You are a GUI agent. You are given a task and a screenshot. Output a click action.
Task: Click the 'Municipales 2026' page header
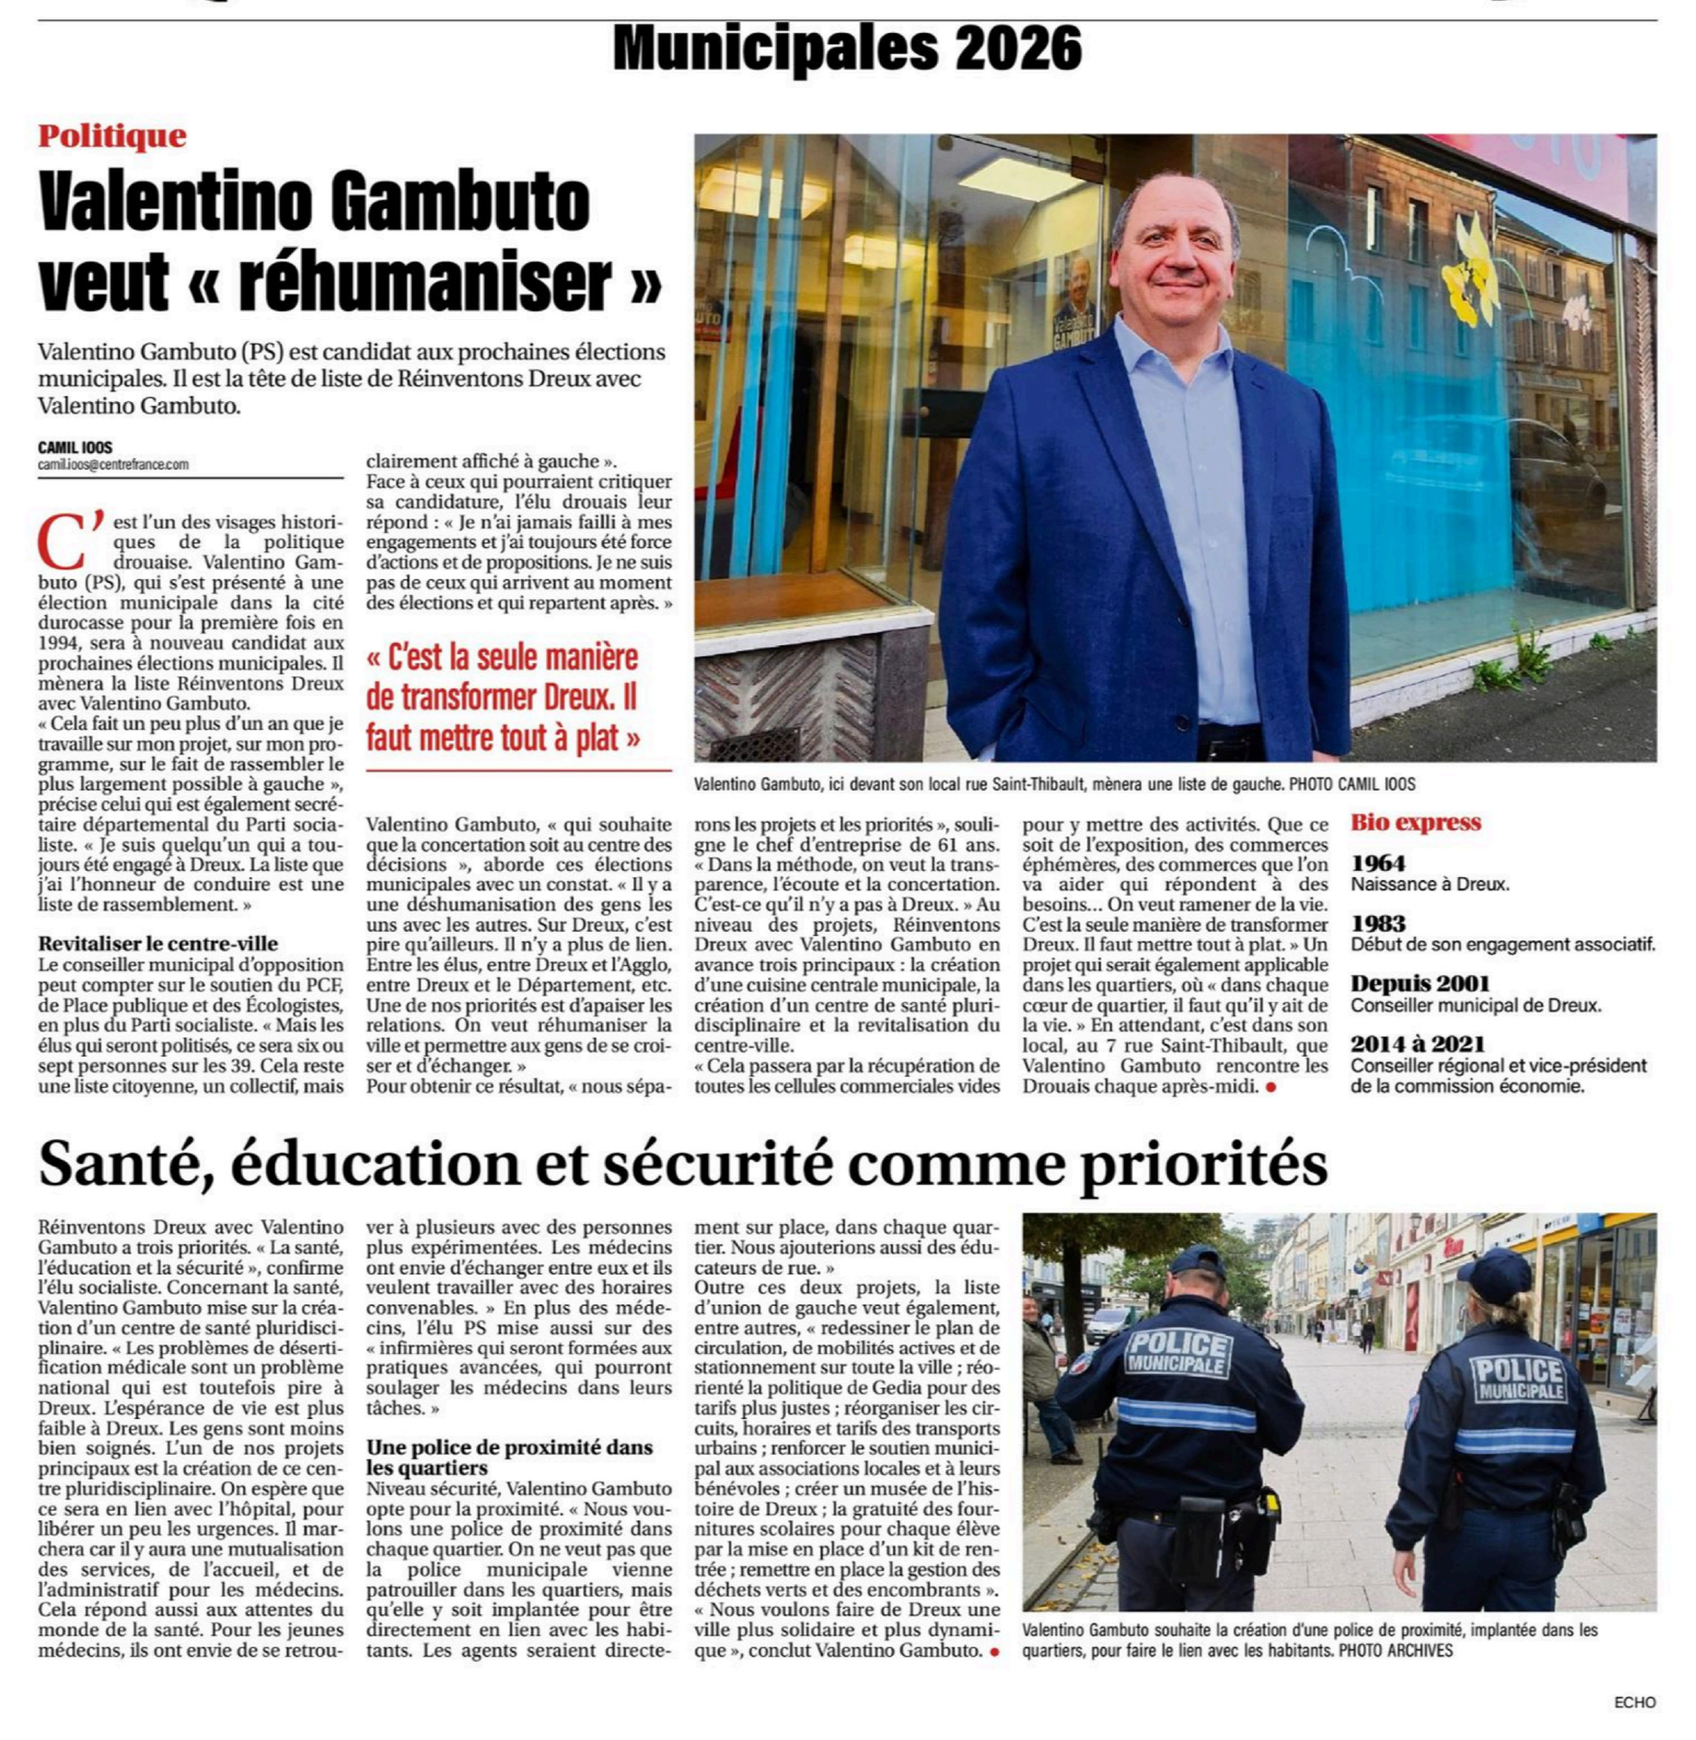tap(847, 48)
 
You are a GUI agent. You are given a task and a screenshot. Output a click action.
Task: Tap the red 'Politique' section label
tap(112, 136)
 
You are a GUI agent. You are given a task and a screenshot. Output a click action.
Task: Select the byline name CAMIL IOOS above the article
tap(75, 448)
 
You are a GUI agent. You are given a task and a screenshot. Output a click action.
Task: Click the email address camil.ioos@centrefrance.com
tap(113, 464)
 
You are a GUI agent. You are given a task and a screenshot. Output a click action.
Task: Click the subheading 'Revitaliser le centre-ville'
tap(158, 943)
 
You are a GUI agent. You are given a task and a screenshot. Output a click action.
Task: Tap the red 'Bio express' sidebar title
tap(1416, 822)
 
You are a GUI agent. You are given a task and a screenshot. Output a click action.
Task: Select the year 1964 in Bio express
tap(1378, 862)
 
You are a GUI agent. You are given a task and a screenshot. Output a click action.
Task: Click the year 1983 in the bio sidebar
tap(1378, 923)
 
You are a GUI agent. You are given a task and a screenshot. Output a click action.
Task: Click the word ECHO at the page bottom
tap(1635, 1702)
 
